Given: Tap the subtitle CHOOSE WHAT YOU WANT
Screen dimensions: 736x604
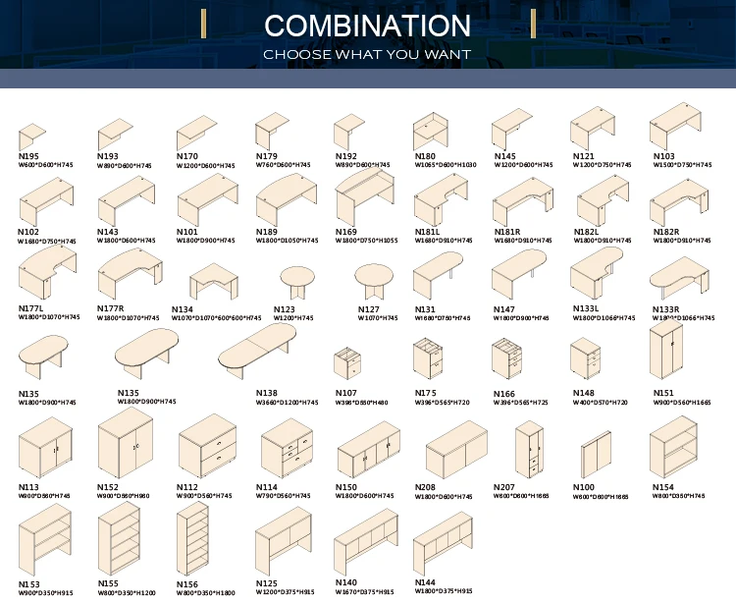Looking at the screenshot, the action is click(367, 55).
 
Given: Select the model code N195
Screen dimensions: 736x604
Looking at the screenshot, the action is click(28, 156).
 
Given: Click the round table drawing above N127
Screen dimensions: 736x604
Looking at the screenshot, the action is click(372, 280).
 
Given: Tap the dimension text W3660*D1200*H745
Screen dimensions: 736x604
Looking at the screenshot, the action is click(288, 403).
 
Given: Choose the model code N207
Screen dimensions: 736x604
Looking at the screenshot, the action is click(503, 487).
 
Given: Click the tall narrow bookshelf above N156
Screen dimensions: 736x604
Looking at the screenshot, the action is click(193, 540).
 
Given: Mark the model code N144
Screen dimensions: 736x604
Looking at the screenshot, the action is click(425, 582).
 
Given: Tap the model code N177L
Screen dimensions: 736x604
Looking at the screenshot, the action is click(31, 308).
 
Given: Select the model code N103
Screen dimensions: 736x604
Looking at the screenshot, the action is click(664, 156).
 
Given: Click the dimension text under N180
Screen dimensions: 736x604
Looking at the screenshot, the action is click(445, 165).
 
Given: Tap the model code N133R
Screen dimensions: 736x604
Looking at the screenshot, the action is click(666, 309).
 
